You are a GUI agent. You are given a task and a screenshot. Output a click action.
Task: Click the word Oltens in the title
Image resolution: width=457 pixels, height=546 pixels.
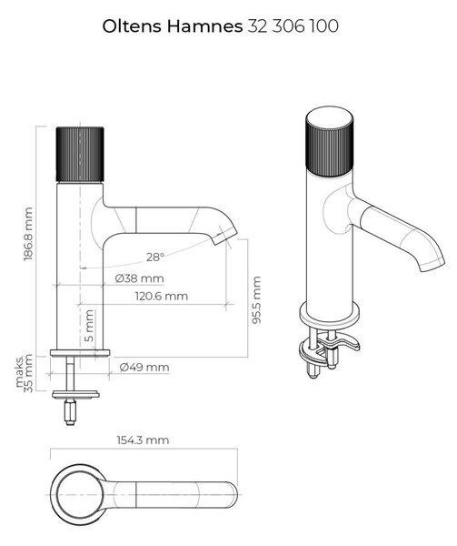coord(132,26)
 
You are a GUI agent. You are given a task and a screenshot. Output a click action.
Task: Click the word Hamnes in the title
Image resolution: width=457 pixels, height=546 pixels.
coord(204,26)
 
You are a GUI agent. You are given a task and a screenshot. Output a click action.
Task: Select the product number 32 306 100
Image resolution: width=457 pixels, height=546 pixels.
coord(293,26)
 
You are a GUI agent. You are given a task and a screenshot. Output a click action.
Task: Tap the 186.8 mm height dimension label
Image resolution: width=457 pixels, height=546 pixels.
coord(28,234)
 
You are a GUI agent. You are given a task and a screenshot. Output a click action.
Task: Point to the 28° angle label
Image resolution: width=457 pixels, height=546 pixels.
coord(155,257)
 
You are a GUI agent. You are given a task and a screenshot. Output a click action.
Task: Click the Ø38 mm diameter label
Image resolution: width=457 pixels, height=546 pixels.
coord(139,278)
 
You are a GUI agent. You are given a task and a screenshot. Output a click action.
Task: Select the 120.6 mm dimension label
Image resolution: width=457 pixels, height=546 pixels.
coord(161,297)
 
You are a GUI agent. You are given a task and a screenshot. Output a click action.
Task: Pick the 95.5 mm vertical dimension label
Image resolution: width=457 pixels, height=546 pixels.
coord(256,299)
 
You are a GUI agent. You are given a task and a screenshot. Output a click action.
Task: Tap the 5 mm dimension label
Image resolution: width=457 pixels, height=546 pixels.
coord(89,325)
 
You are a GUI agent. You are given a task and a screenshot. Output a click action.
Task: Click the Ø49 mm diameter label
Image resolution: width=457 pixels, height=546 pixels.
coord(144,368)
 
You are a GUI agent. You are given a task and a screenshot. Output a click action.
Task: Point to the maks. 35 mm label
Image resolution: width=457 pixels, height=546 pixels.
coord(24,372)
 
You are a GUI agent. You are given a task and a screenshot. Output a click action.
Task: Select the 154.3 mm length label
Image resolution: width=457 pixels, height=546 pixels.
coord(143,440)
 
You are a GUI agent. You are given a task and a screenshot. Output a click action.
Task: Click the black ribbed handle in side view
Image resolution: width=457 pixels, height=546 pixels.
coord(80,155)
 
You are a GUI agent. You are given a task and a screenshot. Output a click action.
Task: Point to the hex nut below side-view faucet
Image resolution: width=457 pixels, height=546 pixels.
coord(70,411)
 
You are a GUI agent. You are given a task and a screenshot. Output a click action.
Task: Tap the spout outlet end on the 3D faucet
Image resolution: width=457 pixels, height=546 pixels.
coord(432,264)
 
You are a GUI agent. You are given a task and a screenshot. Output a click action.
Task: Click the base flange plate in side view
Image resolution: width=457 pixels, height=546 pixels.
coord(80,353)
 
